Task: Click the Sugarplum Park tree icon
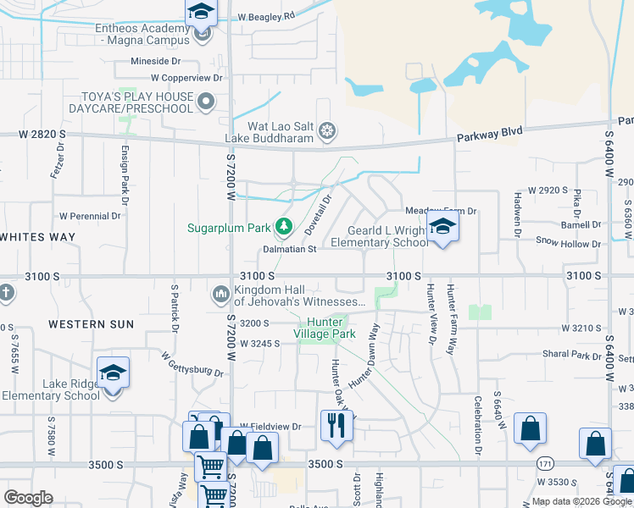(284, 227)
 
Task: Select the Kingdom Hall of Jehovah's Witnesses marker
(220, 294)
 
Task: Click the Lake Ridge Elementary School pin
(112, 373)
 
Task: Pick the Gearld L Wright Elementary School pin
(441, 228)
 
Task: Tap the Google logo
(29, 498)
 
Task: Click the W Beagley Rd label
(266, 16)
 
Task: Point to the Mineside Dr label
(156, 61)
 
